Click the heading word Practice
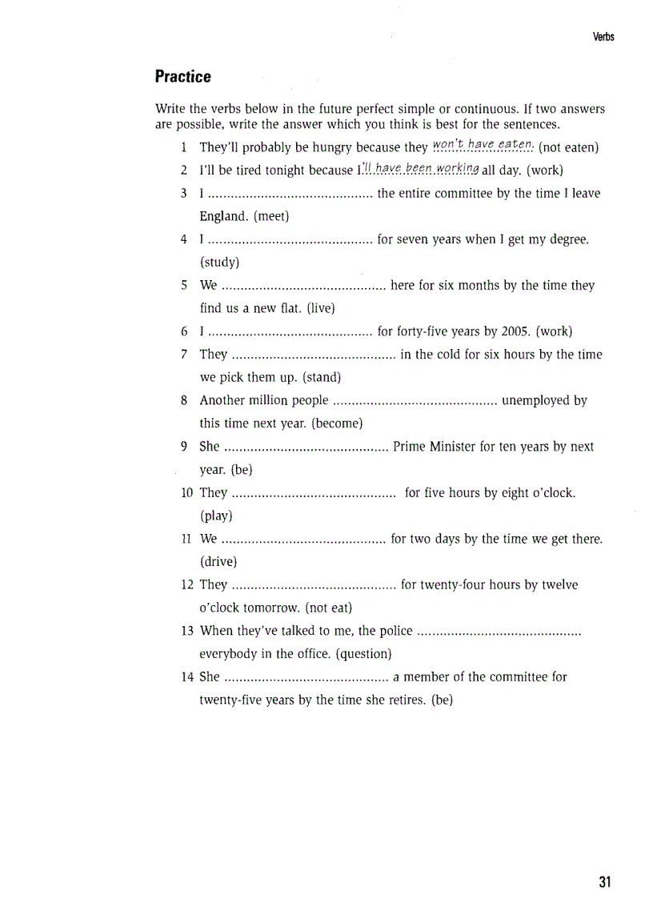(182, 77)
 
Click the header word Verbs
(603, 37)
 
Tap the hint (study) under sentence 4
(219, 262)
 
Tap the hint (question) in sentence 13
(363, 654)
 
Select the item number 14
(187, 677)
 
